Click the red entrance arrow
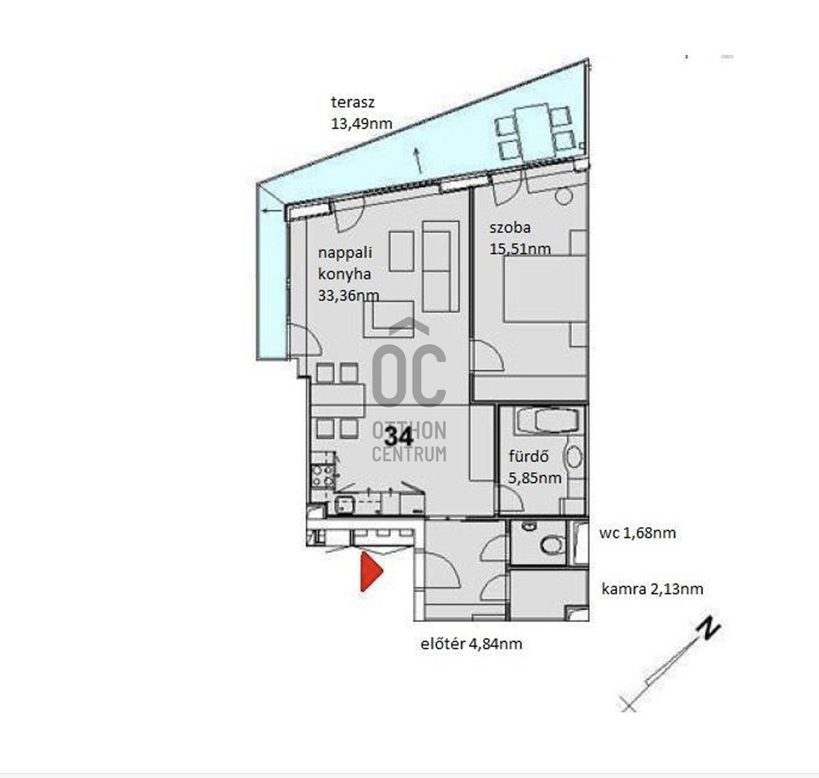pos(371,572)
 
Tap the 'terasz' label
pos(353,102)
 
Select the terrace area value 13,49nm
pos(361,124)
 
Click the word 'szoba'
pos(510,227)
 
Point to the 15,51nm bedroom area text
pos(520,249)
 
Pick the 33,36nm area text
pos(349,295)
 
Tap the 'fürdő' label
pos(529,456)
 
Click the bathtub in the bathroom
pos(547,420)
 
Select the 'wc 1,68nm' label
pos(638,533)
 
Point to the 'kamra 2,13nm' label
pos(653,589)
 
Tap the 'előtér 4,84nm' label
pos(471,644)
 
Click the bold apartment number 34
pos(398,437)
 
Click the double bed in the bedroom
pos(545,289)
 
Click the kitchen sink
pos(344,505)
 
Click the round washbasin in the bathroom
pos(574,457)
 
